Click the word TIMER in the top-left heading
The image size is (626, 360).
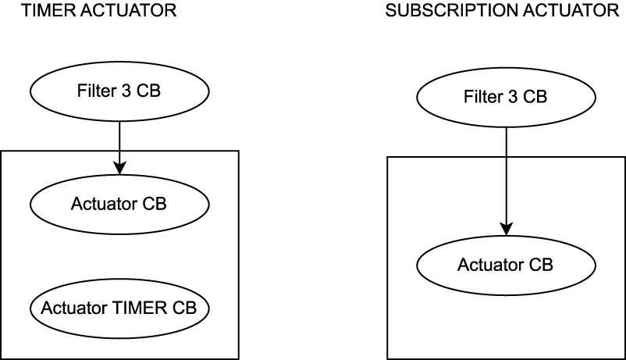(26, 11)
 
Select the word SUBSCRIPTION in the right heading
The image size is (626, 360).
(435, 11)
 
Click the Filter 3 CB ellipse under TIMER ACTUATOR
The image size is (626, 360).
(119, 91)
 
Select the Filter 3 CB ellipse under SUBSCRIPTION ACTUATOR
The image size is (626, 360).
(506, 98)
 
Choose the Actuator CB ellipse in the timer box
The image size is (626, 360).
(119, 205)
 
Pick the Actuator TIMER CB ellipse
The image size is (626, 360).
(119, 308)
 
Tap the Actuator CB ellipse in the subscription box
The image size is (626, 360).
(506, 265)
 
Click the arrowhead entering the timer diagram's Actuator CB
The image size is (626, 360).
(119, 167)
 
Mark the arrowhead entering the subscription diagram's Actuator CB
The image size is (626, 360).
(506, 228)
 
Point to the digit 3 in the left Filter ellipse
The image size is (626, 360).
(126, 91)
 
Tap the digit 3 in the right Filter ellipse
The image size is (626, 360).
(512, 98)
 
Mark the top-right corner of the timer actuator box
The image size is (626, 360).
(238, 151)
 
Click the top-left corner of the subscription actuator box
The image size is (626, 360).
(388, 157)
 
